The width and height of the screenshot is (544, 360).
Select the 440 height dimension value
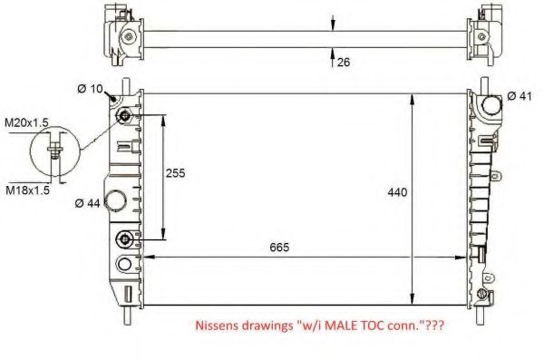398,192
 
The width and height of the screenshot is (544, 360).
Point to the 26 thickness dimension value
344,62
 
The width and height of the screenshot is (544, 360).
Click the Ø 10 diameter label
90,88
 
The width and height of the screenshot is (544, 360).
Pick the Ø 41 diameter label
519,96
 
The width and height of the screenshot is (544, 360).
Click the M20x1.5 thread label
26,122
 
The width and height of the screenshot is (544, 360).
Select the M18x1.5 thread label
26,190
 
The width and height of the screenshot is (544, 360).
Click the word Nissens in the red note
218,324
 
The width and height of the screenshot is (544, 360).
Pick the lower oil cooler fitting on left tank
124,239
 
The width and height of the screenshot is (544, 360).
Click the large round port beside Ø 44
116,201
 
